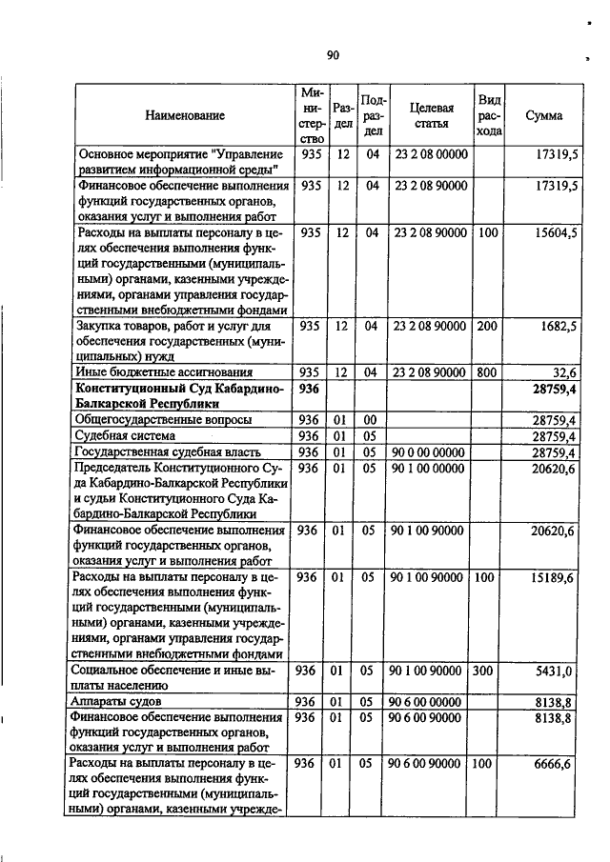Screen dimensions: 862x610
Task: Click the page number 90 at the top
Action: tap(333, 55)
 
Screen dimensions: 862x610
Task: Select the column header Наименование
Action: tap(185, 115)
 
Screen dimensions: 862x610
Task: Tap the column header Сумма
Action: tap(543, 115)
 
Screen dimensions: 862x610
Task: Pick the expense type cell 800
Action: tap(488, 372)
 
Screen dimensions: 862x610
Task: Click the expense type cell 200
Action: tap(488, 326)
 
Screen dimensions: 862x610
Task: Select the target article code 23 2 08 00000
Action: tap(431, 154)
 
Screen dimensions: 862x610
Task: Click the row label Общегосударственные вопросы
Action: tap(161, 419)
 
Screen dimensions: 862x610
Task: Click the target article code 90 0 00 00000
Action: tap(431, 451)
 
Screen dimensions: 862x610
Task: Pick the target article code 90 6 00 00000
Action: tap(431, 702)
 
